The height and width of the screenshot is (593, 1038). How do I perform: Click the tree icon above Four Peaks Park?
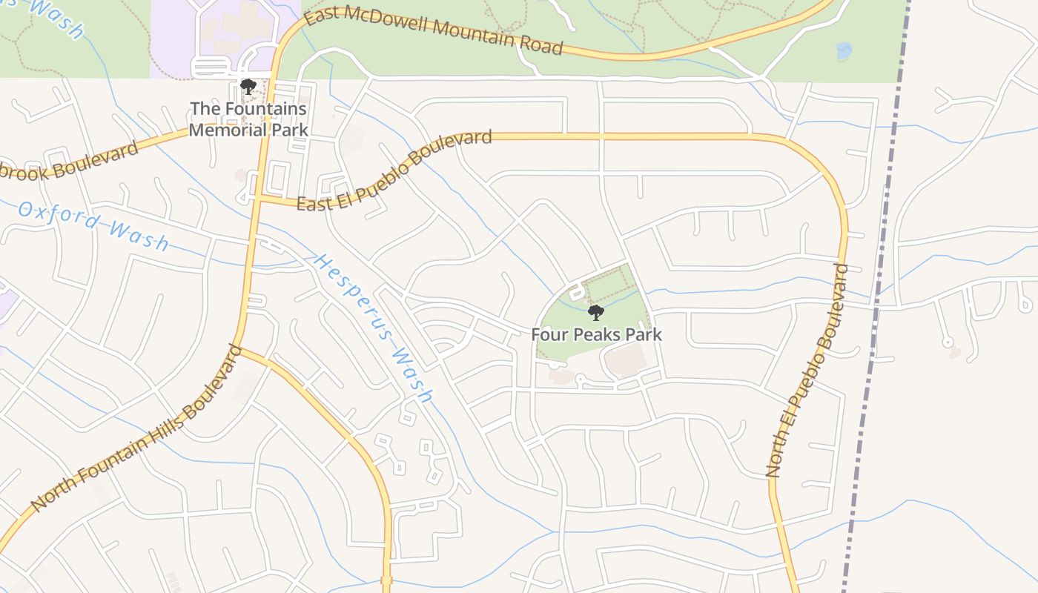coord(595,312)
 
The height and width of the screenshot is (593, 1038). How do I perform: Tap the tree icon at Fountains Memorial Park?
coord(248,87)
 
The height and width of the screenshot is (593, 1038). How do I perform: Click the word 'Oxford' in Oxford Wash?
coord(59,215)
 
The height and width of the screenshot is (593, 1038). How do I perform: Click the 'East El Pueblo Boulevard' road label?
coord(394,170)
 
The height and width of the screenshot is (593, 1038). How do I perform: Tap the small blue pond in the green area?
coord(844,51)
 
